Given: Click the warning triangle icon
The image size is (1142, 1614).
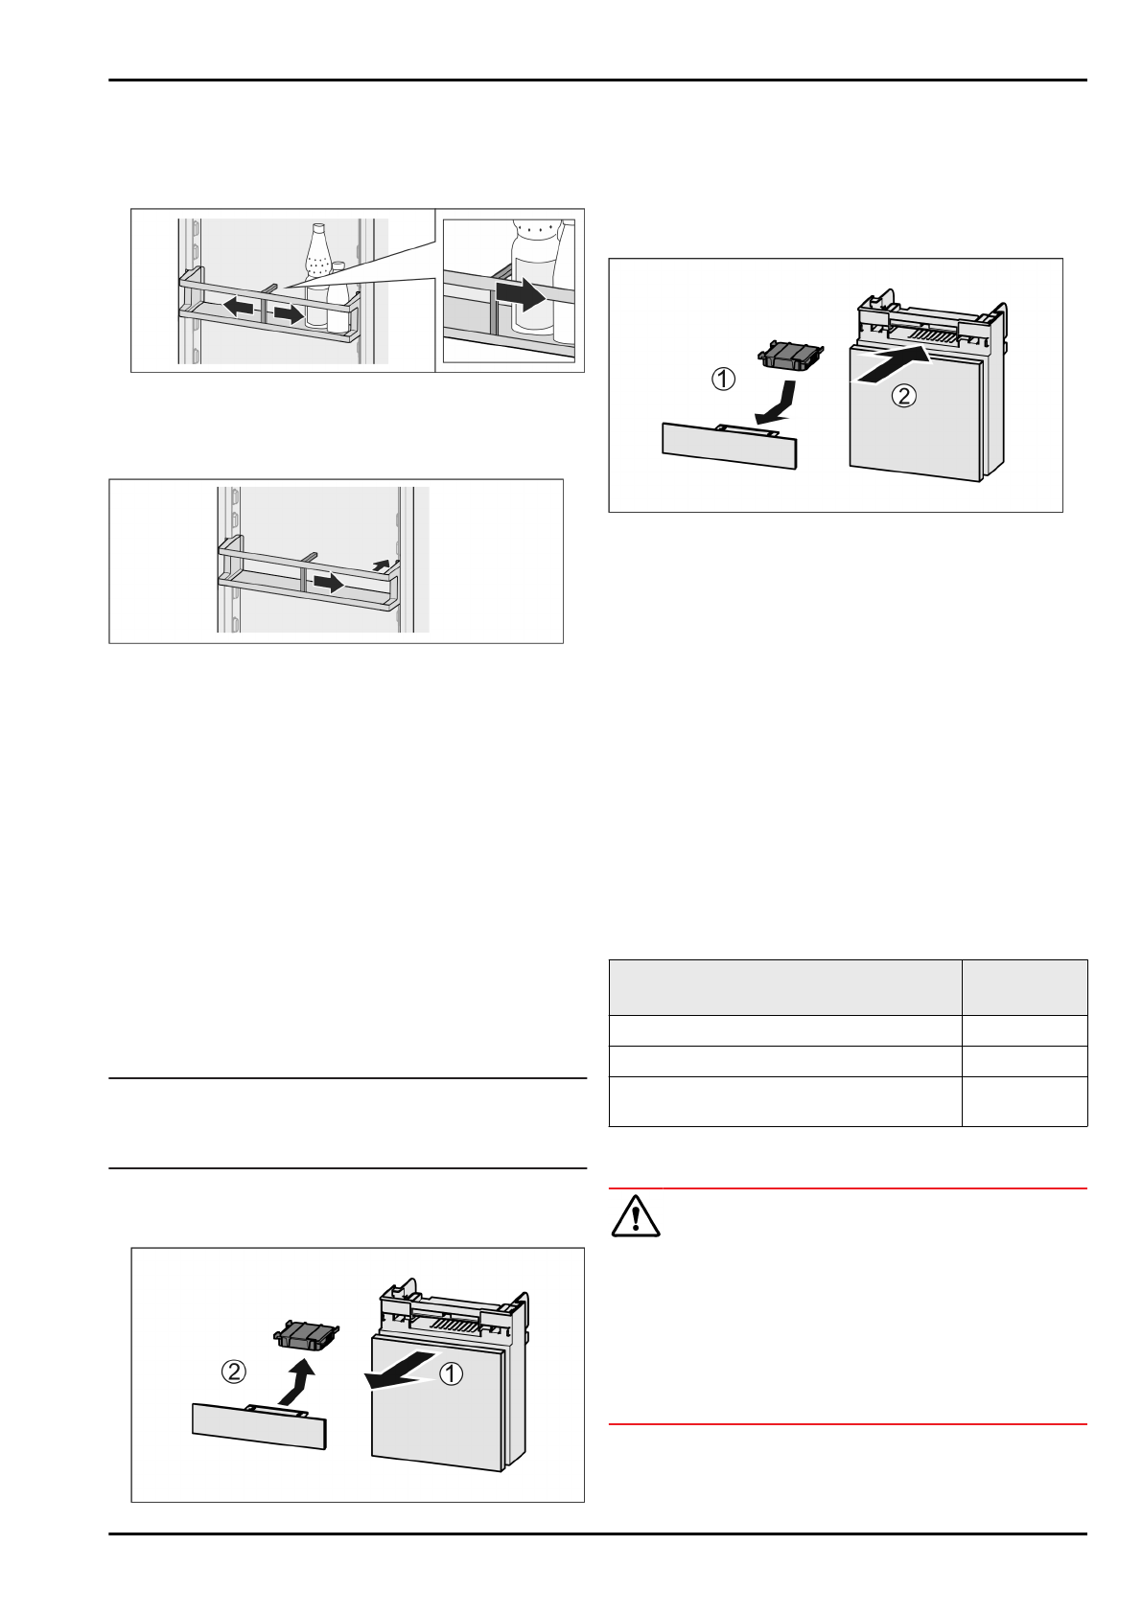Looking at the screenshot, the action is pyautogui.click(x=635, y=1216).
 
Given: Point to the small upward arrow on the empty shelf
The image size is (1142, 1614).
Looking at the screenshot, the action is pyautogui.click(x=383, y=565).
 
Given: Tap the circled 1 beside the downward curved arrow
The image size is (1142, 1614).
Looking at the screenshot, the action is pyautogui.click(x=723, y=379).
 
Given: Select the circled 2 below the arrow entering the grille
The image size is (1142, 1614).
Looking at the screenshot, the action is pyautogui.click(x=903, y=395).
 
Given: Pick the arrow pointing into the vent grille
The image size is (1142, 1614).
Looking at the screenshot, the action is pyautogui.click(x=892, y=367).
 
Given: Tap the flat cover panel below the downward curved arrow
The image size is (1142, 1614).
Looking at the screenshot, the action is pyautogui.click(x=730, y=446).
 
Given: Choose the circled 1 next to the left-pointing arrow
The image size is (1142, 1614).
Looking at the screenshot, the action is pyautogui.click(x=451, y=1373).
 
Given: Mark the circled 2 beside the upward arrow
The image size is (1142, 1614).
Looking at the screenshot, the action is pyautogui.click(x=234, y=1372).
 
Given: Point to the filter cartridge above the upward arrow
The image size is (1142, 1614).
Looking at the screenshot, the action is pyautogui.click(x=308, y=1334).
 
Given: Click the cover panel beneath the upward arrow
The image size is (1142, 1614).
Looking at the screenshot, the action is pyautogui.click(x=259, y=1425).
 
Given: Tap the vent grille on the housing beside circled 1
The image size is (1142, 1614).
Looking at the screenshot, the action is pyautogui.click(x=455, y=1326).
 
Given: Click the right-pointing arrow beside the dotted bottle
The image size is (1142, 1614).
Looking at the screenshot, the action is pyautogui.click(x=288, y=313).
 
